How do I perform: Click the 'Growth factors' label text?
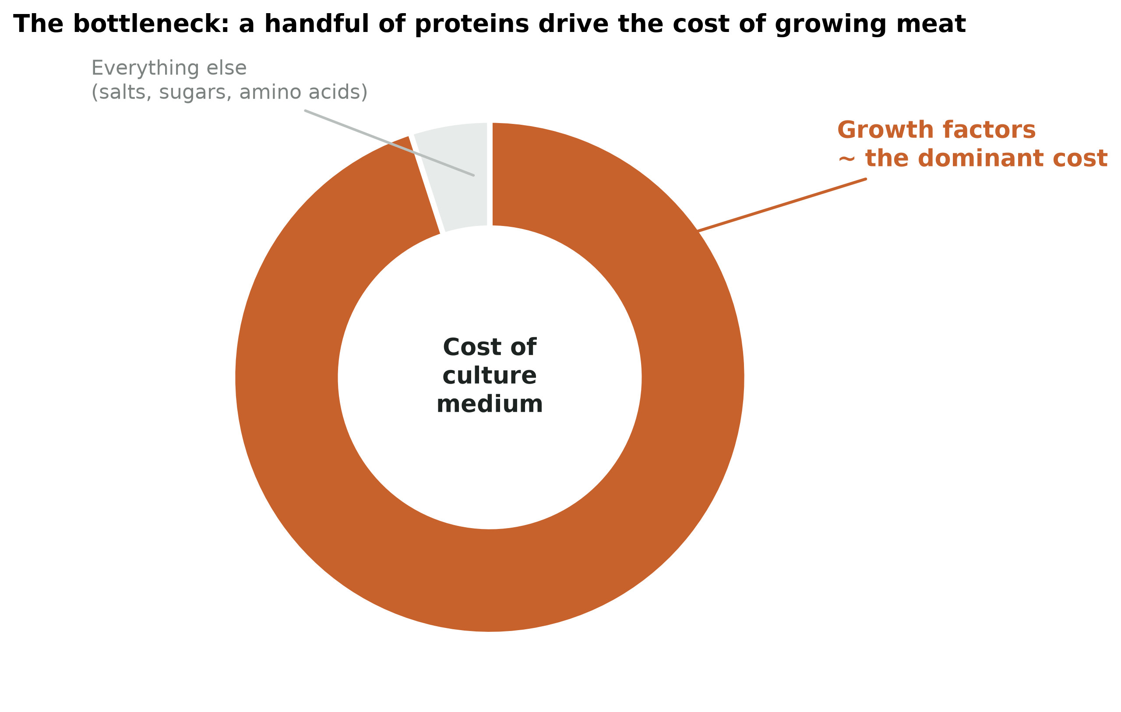pos(936,130)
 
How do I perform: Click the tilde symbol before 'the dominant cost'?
pos(847,160)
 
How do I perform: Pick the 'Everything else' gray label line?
pos(169,68)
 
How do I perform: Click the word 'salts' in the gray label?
pos(124,92)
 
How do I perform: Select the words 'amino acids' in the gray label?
pos(300,92)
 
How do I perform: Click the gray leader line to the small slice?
pos(389,143)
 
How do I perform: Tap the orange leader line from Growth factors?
pos(782,205)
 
